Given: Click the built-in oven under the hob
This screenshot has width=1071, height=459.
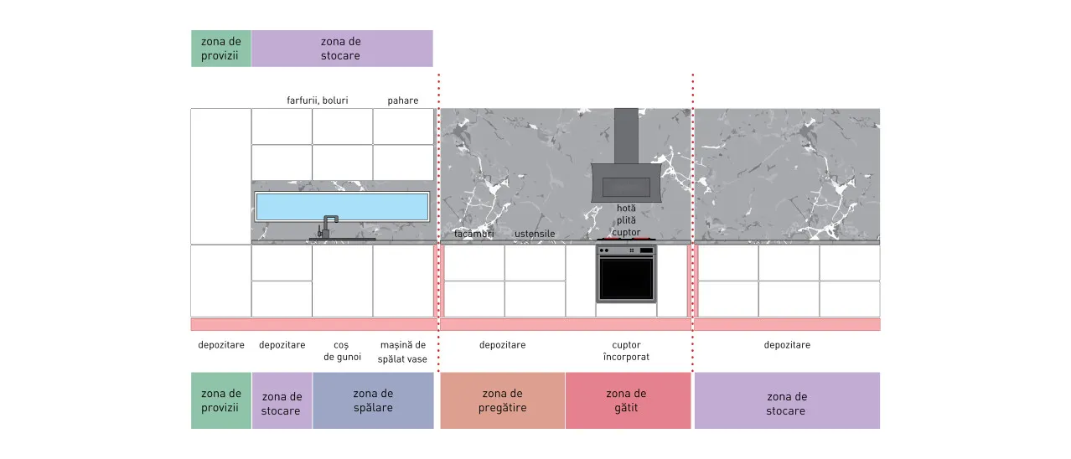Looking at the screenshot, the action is (626, 274).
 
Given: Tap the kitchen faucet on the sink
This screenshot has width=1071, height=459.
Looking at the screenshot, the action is (327, 227).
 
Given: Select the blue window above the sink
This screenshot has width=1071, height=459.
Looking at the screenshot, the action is (342, 206).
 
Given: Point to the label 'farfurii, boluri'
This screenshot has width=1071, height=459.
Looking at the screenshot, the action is (318, 101).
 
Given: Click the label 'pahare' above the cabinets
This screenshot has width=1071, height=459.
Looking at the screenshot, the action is (402, 101).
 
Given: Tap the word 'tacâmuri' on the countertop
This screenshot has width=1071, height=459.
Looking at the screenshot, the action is (473, 234).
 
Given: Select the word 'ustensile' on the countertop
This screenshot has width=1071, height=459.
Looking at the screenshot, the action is (535, 234).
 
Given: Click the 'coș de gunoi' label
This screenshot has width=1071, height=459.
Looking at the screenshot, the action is (342, 351).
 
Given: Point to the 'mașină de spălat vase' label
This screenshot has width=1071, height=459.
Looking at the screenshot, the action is (402, 352).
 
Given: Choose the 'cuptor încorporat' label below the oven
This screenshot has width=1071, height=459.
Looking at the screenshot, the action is (626, 351).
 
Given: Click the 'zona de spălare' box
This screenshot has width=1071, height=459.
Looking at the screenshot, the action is (373, 400).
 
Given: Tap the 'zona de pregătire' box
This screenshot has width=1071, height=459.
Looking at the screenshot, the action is (503, 400).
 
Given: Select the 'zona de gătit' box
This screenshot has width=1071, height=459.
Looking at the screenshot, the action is (629, 400).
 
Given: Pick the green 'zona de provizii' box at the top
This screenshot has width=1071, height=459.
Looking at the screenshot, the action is (221, 49).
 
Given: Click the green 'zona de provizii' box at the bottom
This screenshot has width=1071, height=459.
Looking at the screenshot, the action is (221, 400).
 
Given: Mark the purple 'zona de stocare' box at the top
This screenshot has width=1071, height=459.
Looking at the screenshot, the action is (342, 49).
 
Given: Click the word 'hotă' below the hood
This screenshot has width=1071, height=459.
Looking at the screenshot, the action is (626, 209).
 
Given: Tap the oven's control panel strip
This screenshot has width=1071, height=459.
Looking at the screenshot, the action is (626, 250).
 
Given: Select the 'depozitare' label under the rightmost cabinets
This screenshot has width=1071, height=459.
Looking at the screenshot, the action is (787, 345).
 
